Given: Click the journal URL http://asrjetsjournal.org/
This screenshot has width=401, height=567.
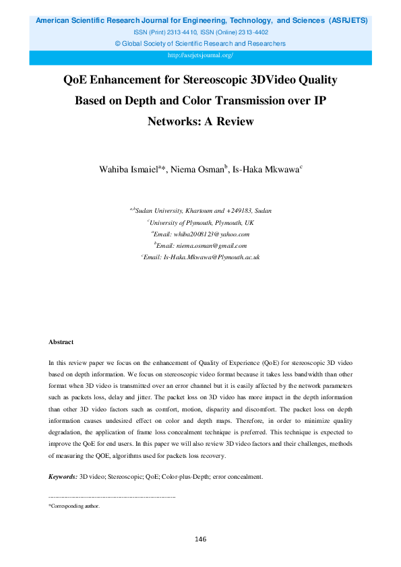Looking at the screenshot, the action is point(200,55).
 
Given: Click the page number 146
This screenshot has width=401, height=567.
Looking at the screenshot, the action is point(200,539).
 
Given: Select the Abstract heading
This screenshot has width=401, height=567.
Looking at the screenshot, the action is point(61,343).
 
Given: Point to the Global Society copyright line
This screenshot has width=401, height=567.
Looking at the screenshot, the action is point(200,43).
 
